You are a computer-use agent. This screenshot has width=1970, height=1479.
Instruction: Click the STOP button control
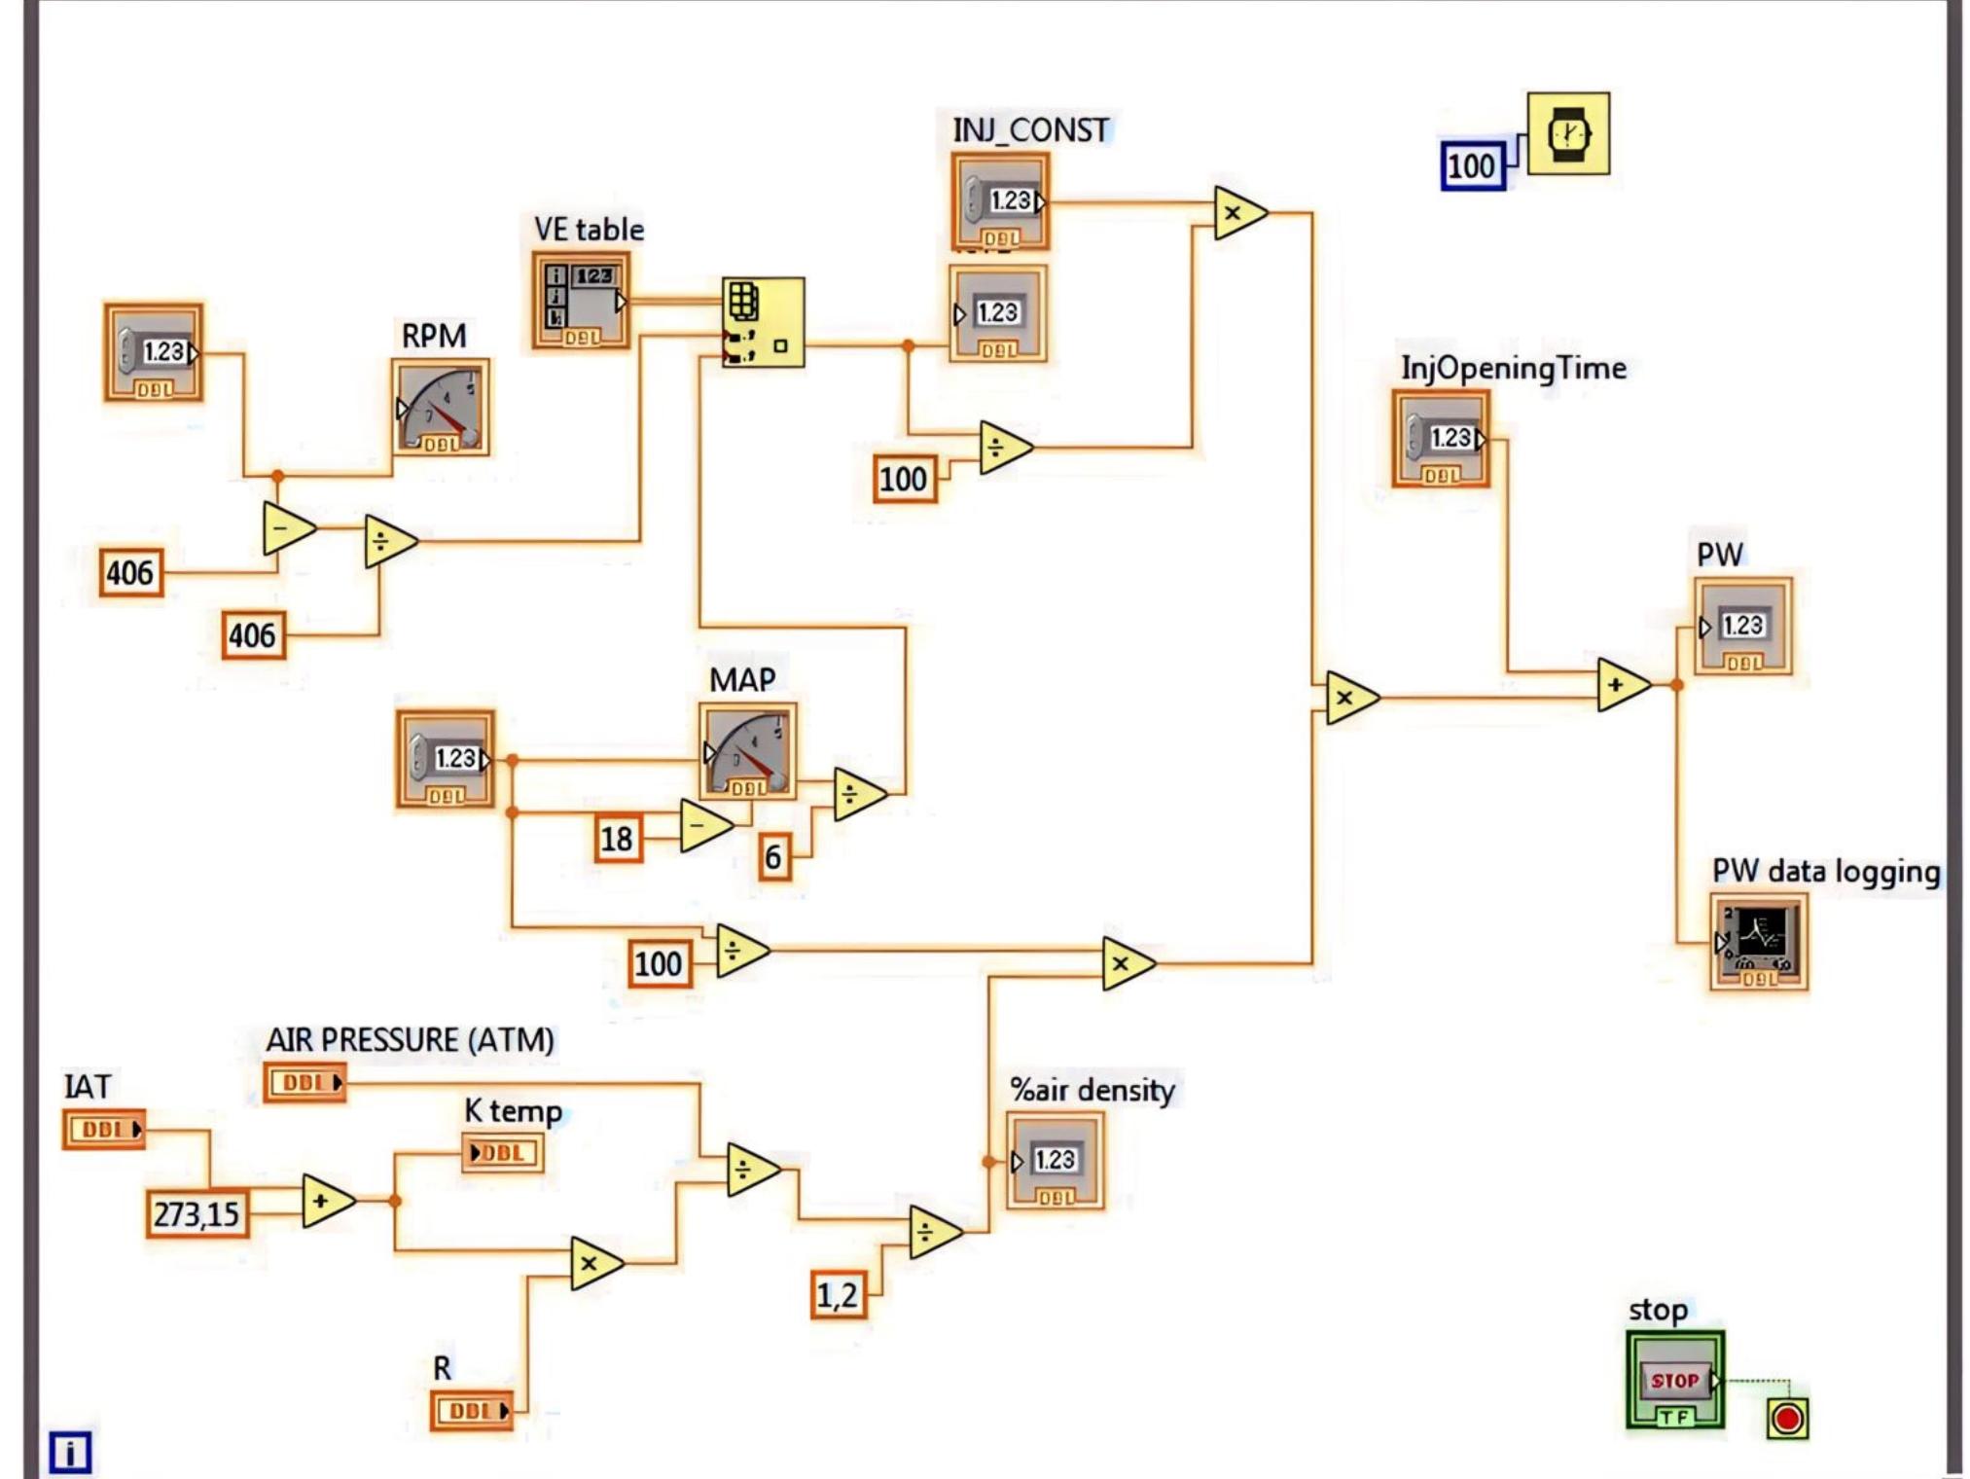click(1674, 1380)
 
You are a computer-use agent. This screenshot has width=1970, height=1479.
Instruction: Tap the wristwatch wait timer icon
click(1568, 134)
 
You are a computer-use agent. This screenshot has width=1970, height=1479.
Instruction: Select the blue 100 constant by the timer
click(1472, 165)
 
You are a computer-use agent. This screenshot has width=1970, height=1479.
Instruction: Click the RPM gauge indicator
click(441, 407)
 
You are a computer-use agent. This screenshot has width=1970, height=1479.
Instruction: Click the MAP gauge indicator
click(747, 751)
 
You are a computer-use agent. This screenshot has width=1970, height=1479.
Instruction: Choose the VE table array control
click(581, 301)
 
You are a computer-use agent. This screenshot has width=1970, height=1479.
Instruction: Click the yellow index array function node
click(764, 322)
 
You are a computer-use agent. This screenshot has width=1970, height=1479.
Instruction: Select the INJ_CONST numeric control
click(1000, 201)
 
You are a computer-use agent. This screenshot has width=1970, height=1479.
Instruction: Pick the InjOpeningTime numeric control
click(1441, 439)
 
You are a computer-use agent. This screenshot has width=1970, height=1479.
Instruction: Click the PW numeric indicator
click(1742, 626)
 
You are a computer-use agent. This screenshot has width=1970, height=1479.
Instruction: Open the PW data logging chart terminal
click(1759, 941)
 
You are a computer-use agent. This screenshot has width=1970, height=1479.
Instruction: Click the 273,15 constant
click(197, 1213)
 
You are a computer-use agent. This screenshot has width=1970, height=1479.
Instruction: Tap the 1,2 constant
click(838, 1295)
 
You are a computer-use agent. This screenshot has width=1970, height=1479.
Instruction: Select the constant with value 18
click(618, 838)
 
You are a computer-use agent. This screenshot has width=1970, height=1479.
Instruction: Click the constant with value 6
click(773, 857)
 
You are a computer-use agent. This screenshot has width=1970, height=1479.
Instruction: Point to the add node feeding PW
click(1620, 685)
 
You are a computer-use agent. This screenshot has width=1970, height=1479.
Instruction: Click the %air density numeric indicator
click(1055, 1160)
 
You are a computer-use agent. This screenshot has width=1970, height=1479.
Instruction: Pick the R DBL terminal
click(471, 1410)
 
